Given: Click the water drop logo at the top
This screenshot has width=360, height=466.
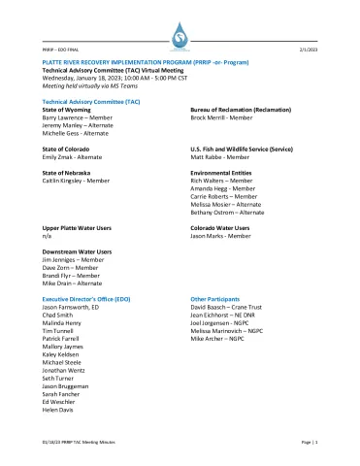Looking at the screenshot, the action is [180, 35].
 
